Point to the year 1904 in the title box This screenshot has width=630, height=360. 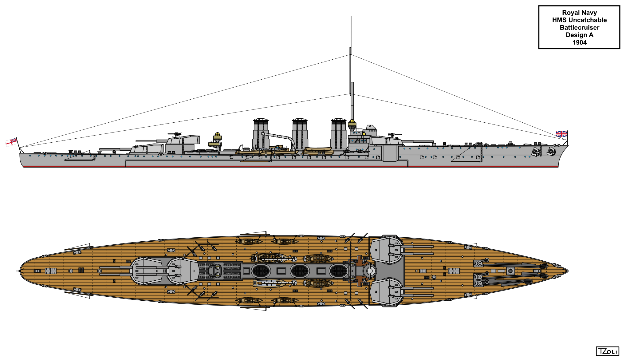[579, 42]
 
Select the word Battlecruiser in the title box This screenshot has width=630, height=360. [579, 28]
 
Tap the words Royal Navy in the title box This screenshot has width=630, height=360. [579, 13]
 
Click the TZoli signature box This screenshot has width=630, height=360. [607, 351]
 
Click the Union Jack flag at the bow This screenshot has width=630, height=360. [561, 134]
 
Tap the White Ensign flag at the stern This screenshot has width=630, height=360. [11, 142]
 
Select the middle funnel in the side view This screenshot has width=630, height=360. [300, 134]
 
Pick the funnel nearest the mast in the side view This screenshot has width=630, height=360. [338, 134]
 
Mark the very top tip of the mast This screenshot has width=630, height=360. [351, 17]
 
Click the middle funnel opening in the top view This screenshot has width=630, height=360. [300, 271]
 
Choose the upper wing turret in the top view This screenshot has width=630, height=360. [387, 250]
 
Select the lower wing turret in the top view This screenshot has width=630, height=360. [387, 292]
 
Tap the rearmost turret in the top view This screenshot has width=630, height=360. [146, 271]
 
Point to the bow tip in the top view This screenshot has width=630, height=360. [567, 271]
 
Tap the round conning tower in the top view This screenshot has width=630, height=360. [370, 271]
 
